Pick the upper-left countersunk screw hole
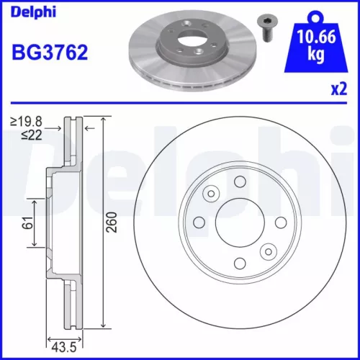(210, 193)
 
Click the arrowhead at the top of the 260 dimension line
(104, 121)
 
